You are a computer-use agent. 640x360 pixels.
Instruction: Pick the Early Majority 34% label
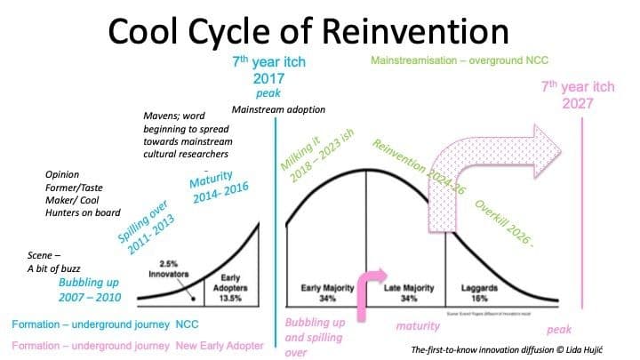[x=323, y=292]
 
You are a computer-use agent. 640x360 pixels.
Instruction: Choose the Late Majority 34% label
[x=407, y=292]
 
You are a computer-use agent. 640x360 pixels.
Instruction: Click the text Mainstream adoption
[x=279, y=110]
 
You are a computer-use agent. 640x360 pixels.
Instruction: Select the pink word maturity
[x=418, y=327]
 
